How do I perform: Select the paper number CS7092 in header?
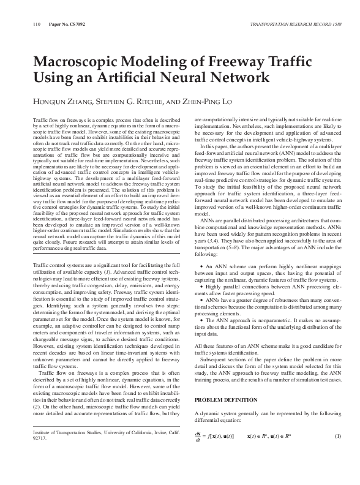(68, 25)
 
